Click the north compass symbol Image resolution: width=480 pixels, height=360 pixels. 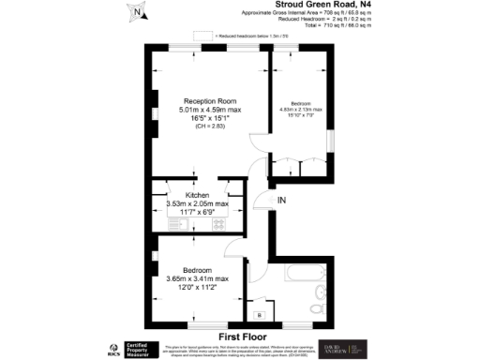point(137,12)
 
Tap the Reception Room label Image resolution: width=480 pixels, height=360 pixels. point(210,101)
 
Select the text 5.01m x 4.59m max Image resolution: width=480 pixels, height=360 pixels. point(210,111)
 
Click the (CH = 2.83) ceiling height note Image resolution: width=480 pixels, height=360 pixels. point(210,127)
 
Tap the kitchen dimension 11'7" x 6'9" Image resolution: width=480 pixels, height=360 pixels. point(196,212)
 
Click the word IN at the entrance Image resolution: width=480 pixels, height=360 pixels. point(279,201)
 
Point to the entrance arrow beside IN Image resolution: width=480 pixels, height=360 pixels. point(266,201)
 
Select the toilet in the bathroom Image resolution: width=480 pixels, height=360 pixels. point(318,308)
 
